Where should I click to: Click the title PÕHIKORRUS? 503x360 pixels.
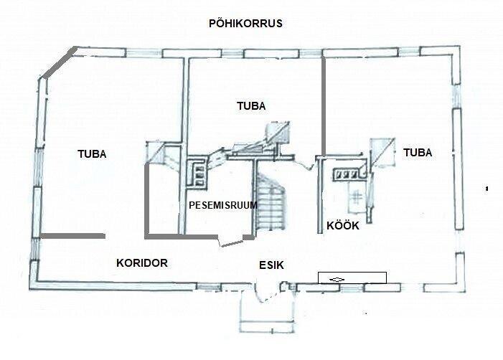[x=245, y=23]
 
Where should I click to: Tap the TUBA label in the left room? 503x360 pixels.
[x=92, y=154]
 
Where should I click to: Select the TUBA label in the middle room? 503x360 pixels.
[x=251, y=106]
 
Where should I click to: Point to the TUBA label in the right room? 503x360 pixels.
[x=418, y=153]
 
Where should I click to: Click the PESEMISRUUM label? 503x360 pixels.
[x=223, y=205]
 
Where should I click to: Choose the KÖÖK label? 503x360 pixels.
[x=342, y=225]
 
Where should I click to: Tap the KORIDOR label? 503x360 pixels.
[x=142, y=263]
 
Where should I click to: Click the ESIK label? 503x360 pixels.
[x=271, y=265]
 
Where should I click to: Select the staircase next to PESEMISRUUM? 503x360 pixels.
[x=271, y=202]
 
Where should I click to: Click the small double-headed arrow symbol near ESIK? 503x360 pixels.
[x=337, y=280]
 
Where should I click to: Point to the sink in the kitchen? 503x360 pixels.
[x=356, y=197]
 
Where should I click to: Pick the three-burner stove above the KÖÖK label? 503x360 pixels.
[x=347, y=174]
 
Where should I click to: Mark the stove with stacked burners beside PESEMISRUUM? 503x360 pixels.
[x=199, y=175]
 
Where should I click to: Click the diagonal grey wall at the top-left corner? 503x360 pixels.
[x=60, y=62]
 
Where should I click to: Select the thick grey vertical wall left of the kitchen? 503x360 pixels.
[x=324, y=107]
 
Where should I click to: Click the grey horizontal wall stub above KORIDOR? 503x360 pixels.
[x=72, y=236]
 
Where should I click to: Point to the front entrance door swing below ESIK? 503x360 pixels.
[x=263, y=294]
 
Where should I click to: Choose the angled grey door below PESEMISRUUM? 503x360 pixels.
[x=232, y=243]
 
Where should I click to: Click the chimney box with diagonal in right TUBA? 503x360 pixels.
[x=382, y=153]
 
